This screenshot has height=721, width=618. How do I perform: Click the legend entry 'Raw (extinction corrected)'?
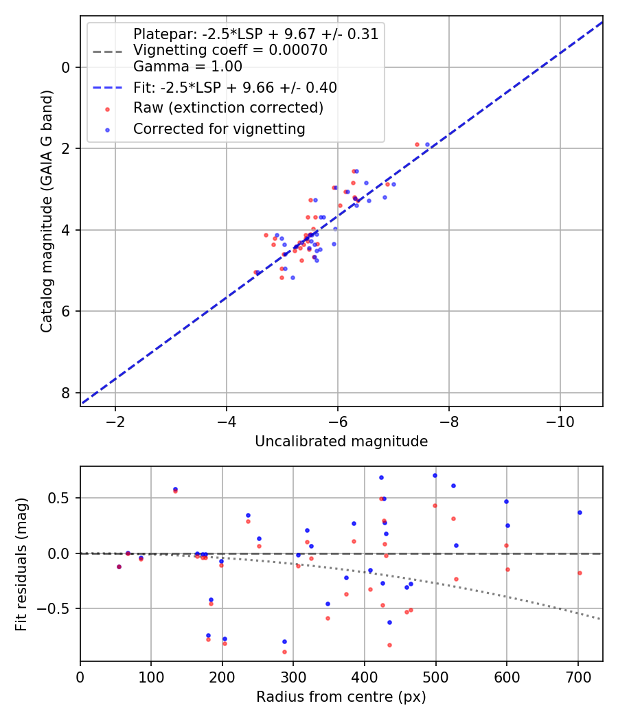pyautogui.click(x=228, y=108)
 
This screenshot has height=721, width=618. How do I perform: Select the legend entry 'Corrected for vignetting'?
pyautogui.click(x=219, y=128)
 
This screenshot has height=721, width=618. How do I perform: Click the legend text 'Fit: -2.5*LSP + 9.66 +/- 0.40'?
pyautogui.click(x=235, y=88)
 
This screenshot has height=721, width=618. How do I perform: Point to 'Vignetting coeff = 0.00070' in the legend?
pyautogui.click(x=230, y=50)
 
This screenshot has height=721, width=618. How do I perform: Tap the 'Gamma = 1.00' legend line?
pyautogui.click(x=187, y=67)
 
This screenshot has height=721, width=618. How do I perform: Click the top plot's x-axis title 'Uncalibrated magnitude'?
pyautogui.click(x=341, y=442)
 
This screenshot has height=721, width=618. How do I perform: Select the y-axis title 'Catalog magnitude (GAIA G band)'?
pyautogui.click(x=47, y=211)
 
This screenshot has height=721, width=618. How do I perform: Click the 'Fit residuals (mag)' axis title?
pyautogui.click(x=21, y=564)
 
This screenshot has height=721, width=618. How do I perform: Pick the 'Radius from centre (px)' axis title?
pyautogui.click(x=341, y=697)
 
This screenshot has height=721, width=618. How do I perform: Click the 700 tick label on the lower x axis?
pyautogui.click(x=578, y=677)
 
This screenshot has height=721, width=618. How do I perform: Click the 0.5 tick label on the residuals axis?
pyautogui.click(x=60, y=498)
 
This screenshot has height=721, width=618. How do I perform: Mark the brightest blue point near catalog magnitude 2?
pyautogui.click(x=427, y=145)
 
